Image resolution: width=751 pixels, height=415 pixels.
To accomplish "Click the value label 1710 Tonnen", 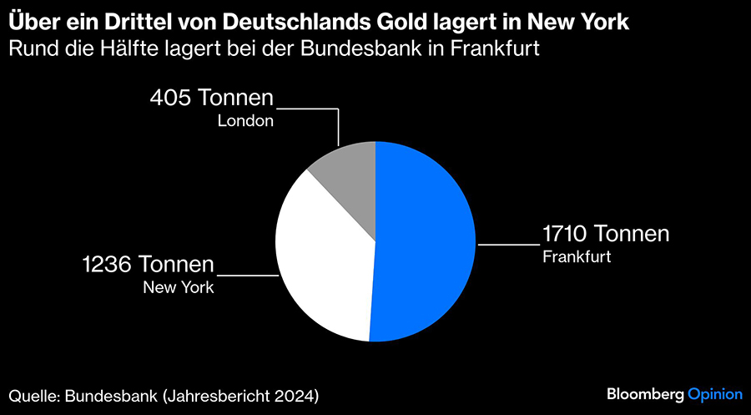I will coord(605,234).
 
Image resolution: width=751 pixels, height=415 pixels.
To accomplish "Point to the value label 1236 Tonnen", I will coord(148,266).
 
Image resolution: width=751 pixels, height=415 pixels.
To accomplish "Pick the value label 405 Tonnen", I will coord(212,98).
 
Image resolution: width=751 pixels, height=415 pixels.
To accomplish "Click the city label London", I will coord(245,120).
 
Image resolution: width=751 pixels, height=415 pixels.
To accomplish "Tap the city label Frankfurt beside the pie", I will coord(577,256).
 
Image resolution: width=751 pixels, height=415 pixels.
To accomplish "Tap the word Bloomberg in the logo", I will coord(644,393).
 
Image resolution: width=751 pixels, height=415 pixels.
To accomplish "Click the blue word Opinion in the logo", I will coord(714,393).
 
